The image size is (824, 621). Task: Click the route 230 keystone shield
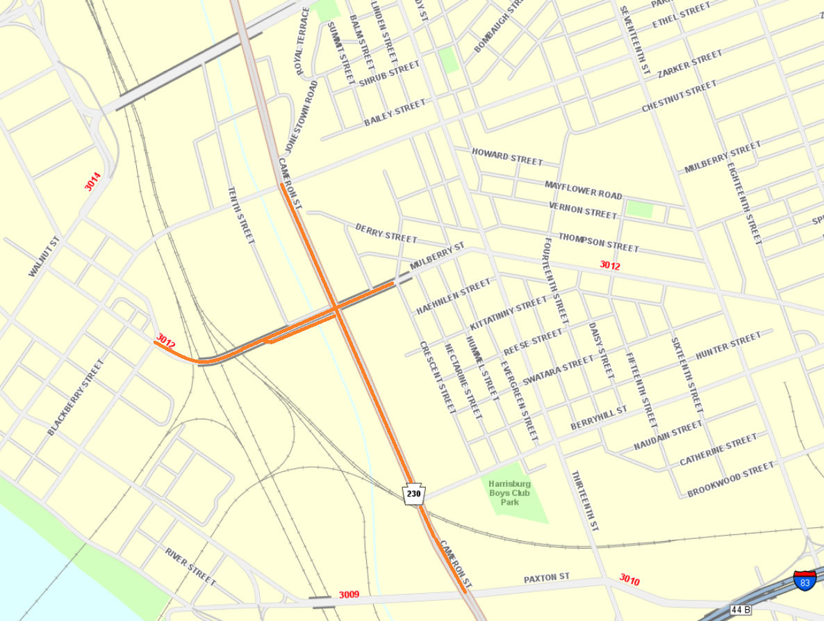click(x=413, y=494)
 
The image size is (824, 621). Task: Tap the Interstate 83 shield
click(x=805, y=581)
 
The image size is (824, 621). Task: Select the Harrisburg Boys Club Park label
click(x=509, y=492)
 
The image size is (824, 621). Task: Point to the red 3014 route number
click(x=93, y=182)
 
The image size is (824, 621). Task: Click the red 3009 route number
click(x=349, y=595)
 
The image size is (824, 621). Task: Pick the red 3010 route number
click(x=629, y=579)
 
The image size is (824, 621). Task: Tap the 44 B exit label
click(x=741, y=610)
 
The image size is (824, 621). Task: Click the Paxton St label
click(x=546, y=578)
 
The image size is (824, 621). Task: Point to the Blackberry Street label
click(x=75, y=398)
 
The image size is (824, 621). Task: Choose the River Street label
click(x=190, y=566)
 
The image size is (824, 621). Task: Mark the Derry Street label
click(x=386, y=233)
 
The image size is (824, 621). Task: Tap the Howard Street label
click(x=506, y=156)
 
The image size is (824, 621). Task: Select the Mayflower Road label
click(x=583, y=190)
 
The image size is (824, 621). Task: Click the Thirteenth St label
click(x=585, y=500)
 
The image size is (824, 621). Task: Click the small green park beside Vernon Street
click(x=639, y=209)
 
